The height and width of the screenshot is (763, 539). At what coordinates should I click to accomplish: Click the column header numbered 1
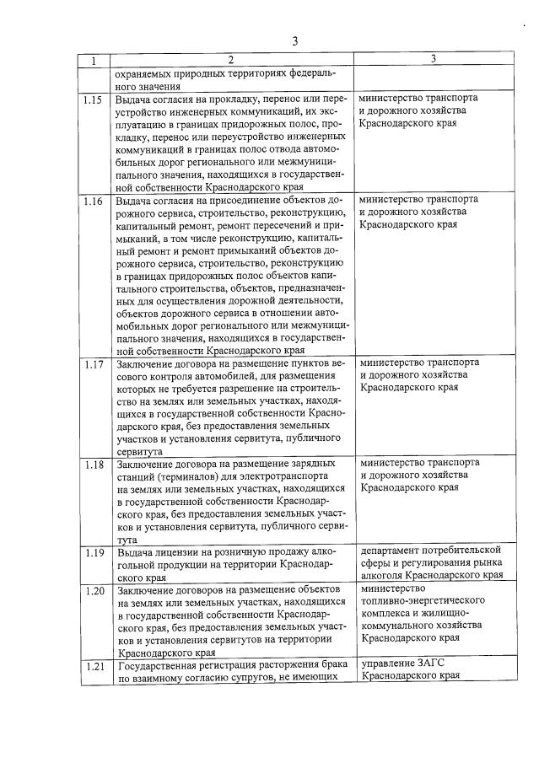click(x=94, y=60)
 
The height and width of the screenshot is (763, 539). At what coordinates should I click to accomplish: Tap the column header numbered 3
click(x=432, y=59)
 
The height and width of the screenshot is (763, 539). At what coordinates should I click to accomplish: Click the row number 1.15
click(x=94, y=100)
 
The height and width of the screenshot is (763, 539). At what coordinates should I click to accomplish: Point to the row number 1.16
click(x=94, y=201)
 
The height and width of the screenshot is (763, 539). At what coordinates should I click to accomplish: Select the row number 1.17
click(x=94, y=364)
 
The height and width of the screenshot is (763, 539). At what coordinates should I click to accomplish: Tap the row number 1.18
click(x=94, y=464)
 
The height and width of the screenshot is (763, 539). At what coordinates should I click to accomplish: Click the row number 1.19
click(x=94, y=553)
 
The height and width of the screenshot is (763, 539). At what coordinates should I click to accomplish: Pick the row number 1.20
click(x=94, y=588)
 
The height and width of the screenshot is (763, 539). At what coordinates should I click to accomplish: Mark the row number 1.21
click(x=94, y=665)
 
